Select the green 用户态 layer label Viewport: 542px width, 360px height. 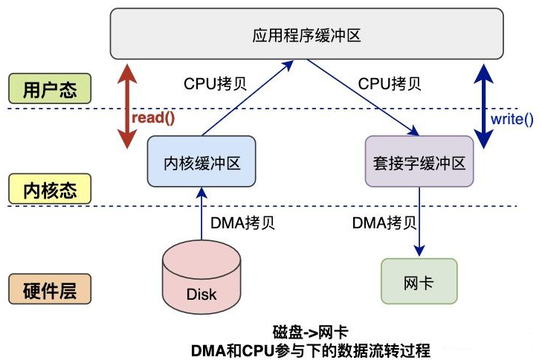point(50,89)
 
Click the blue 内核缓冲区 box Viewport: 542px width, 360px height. point(201,161)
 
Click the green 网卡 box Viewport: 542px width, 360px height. point(419,281)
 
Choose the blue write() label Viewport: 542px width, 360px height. point(512,119)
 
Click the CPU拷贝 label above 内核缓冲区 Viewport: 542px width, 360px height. point(215,83)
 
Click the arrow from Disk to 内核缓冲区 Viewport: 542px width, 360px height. point(201,216)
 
